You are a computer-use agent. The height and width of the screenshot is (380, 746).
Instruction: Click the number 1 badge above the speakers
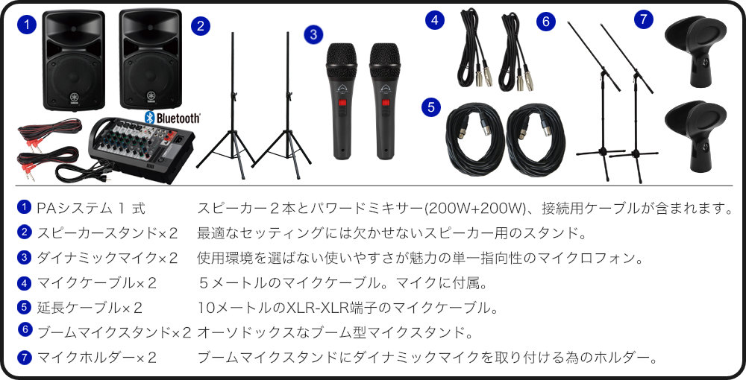coord(27,25)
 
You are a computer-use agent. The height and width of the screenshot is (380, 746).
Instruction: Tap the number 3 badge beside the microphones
coord(314,34)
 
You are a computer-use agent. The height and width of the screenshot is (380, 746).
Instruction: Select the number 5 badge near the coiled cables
coord(431,107)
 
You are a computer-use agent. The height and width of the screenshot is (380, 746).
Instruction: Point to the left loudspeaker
coord(74,60)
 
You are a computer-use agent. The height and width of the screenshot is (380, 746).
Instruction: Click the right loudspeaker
coord(149,60)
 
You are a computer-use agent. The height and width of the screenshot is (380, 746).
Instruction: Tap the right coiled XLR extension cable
coord(536,138)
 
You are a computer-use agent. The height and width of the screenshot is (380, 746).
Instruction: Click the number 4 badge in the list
coord(24,282)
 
